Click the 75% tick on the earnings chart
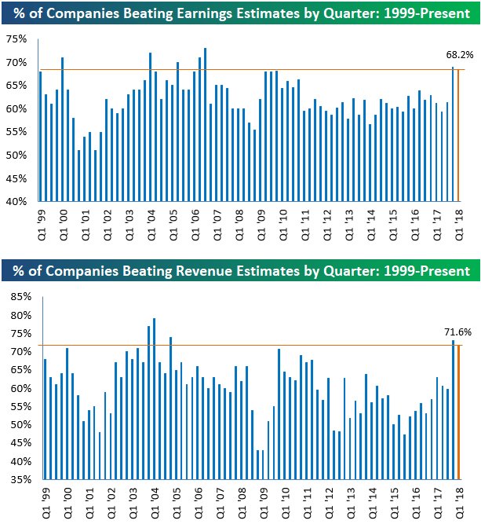click(16, 39)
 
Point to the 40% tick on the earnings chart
click(16, 202)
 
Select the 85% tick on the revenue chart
click(16, 298)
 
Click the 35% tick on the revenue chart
click(16, 479)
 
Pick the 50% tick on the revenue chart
click(16, 425)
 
